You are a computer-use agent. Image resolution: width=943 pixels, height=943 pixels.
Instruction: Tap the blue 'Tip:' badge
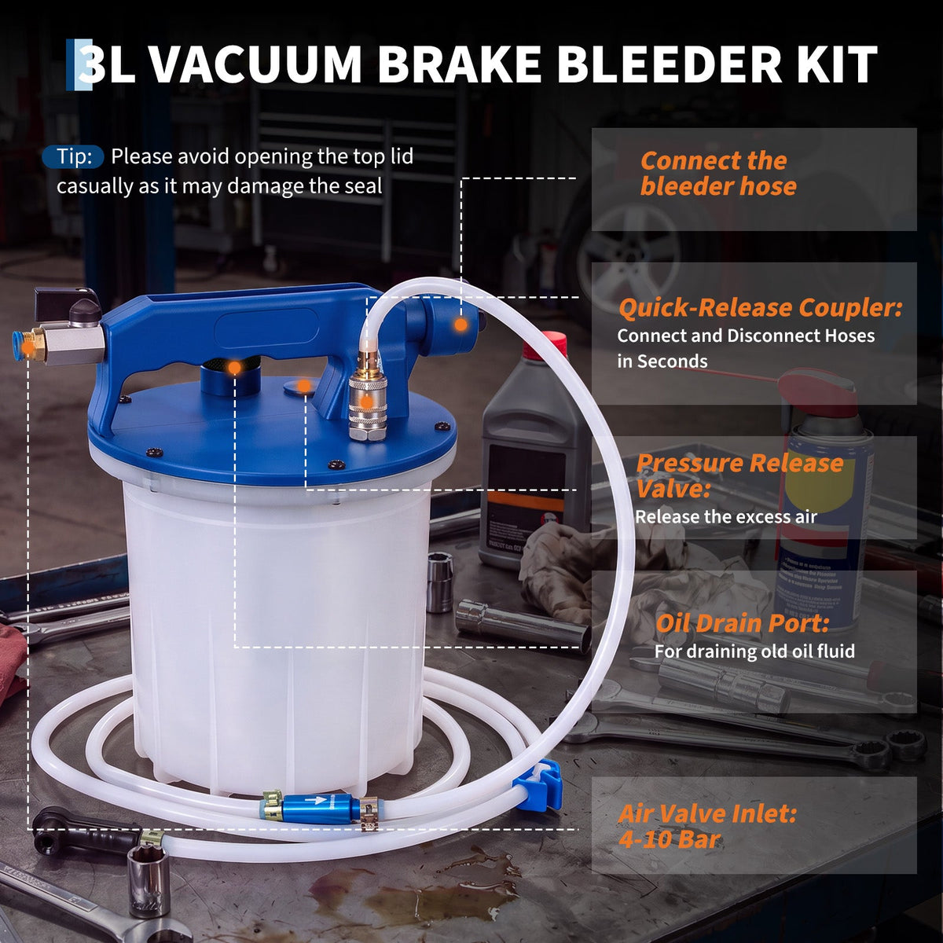pos(73,156)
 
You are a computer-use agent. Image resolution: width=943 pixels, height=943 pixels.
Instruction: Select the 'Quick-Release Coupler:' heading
pos(760,308)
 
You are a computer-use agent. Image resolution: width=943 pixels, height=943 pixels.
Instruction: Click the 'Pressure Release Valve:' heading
pos(739,475)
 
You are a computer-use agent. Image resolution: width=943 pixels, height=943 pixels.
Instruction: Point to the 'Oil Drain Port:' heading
pos(743,623)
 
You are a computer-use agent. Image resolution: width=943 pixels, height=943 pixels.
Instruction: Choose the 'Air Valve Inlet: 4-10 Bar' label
pos(707,827)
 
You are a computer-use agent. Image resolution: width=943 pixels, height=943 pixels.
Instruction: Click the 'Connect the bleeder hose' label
pos(718,173)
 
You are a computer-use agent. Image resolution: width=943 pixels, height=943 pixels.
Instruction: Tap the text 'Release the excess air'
pos(726,517)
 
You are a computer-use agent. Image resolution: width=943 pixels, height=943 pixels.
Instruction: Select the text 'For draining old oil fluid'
pos(754,651)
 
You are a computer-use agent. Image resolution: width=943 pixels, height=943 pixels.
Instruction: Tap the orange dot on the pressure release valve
pos(304,386)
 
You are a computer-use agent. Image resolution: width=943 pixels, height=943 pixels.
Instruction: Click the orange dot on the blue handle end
pos(460,324)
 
